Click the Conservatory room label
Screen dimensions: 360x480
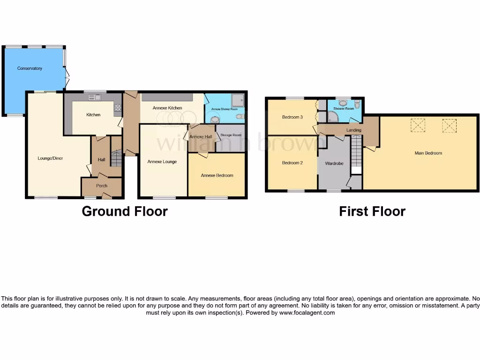(30, 68)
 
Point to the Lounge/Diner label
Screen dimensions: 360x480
(50, 158)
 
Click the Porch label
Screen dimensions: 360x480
(102, 186)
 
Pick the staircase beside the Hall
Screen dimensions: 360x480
(116, 158)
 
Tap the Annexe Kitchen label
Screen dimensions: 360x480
(167, 108)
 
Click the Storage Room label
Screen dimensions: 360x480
(231, 135)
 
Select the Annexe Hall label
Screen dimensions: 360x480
(201, 136)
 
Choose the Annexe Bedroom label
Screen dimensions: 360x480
(217, 175)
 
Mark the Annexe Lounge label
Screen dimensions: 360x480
(162, 162)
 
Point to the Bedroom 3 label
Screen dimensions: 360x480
(292, 117)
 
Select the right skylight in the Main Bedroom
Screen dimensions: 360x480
(449, 125)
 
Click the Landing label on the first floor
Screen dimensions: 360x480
(353, 130)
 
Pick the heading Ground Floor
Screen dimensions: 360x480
(125, 211)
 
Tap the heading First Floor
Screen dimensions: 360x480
(372, 211)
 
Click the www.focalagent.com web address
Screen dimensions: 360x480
(307, 313)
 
